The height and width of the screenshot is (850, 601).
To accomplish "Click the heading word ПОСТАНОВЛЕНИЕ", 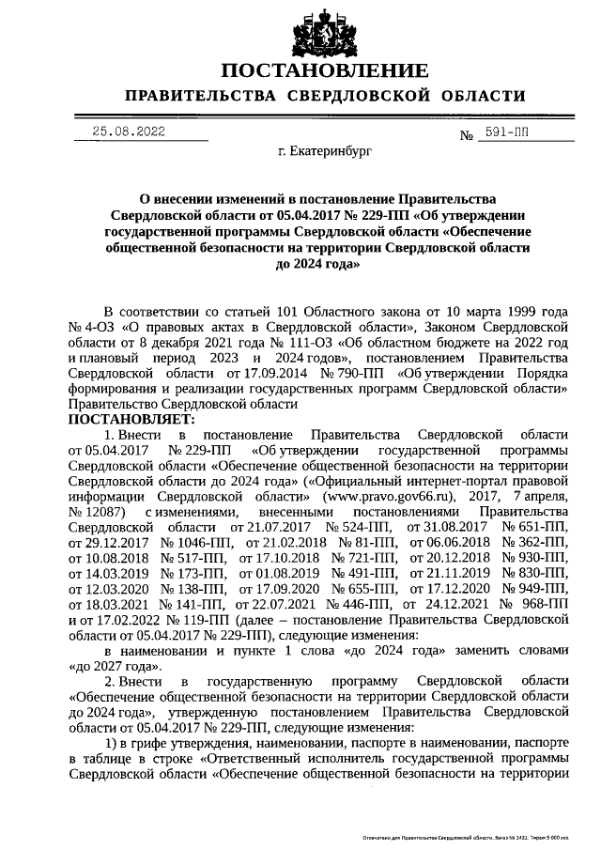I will (325, 71).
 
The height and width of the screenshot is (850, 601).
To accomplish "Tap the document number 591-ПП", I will (502, 133).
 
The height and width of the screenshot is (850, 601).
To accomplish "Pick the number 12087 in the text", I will (103, 512).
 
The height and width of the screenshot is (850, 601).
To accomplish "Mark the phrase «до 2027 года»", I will (115, 666).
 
